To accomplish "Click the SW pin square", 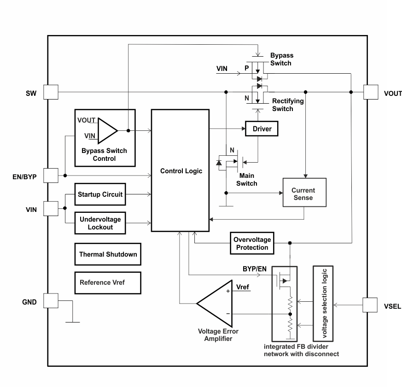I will click(x=50, y=92).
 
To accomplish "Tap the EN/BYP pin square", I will click(x=50, y=176).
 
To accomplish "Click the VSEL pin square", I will click(x=371, y=305).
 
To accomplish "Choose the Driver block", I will click(x=262, y=129).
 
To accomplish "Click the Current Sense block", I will click(x=303, y=194).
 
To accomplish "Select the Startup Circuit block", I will click(x=100, y=194).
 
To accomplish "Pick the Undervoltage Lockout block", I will click(x=100, y=223).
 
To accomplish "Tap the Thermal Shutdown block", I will click(x=108, y=254).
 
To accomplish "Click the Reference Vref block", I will click(x=108, y=282).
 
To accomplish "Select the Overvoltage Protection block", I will click(x=252, y=244).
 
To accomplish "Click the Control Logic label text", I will click(x=181, y=171).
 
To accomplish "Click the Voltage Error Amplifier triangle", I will click(x=215, y=303).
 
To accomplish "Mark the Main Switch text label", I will click(x=246, y=180).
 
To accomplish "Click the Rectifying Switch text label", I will click(x=288, y=105).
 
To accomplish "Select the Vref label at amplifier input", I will click(x=243, y=287).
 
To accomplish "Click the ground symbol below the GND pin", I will click(x=73, y=321).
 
